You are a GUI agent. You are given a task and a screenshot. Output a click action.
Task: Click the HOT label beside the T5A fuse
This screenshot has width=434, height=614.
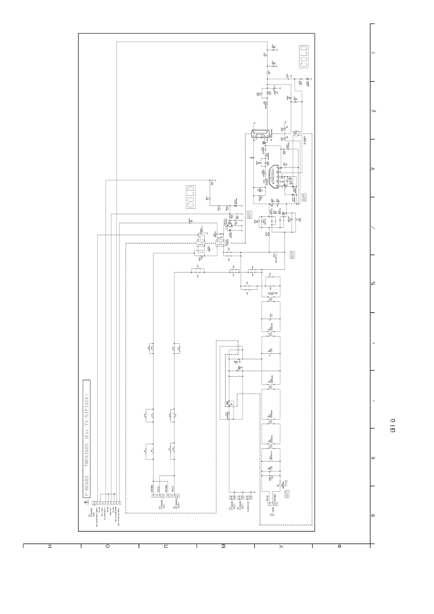point(287,493)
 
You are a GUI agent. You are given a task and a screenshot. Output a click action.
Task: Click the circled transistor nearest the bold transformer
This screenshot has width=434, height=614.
point(296,133)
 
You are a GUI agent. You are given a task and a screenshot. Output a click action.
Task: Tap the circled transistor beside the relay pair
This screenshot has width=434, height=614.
point(230,225)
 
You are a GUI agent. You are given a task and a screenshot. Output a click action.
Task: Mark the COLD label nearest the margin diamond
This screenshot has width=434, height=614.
point(304,57)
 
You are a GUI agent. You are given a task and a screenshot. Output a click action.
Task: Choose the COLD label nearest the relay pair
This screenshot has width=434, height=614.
point(191,196)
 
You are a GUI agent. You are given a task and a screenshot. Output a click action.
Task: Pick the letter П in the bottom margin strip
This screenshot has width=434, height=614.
point(165,546)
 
